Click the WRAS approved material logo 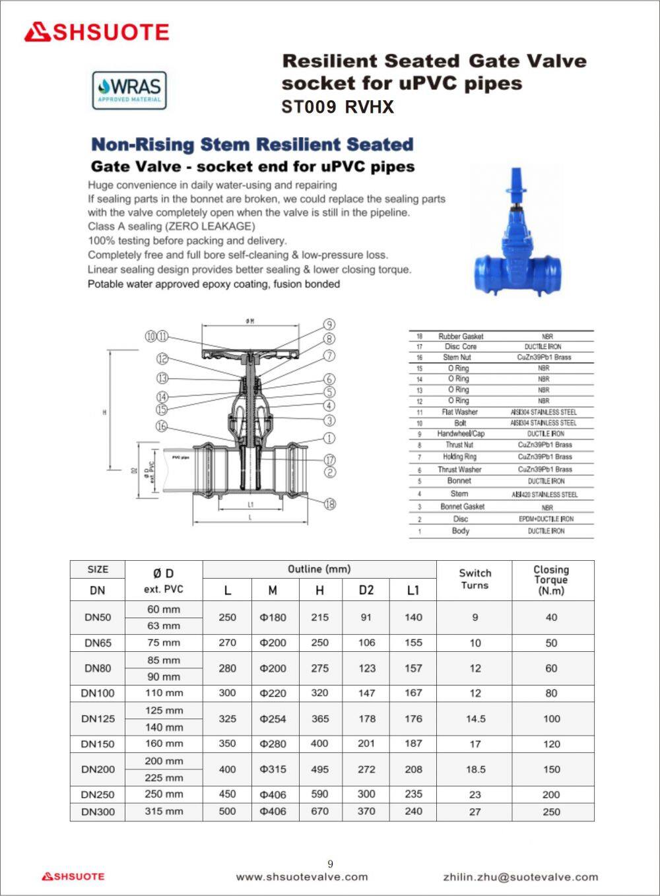point(129,90)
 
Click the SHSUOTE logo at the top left point(96,32)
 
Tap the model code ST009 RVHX point(337,107)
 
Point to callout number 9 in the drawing point(328,325)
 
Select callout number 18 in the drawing point(329,504)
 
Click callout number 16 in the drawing point(162,426)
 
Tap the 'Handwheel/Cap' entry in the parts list point(461,433)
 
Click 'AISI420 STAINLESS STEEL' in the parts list point(544,494)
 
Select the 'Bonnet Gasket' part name point(462,507)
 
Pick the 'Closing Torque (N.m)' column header point(551,580)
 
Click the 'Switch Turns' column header point(475,579)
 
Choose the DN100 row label point(98,693)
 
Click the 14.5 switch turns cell point(475,719)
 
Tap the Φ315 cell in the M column point(273,769)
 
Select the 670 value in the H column point(319,812)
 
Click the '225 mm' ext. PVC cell point(164,778)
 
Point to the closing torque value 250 point(551,812)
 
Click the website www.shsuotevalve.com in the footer point(302,877)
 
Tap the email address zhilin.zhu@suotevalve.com point(520,877)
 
